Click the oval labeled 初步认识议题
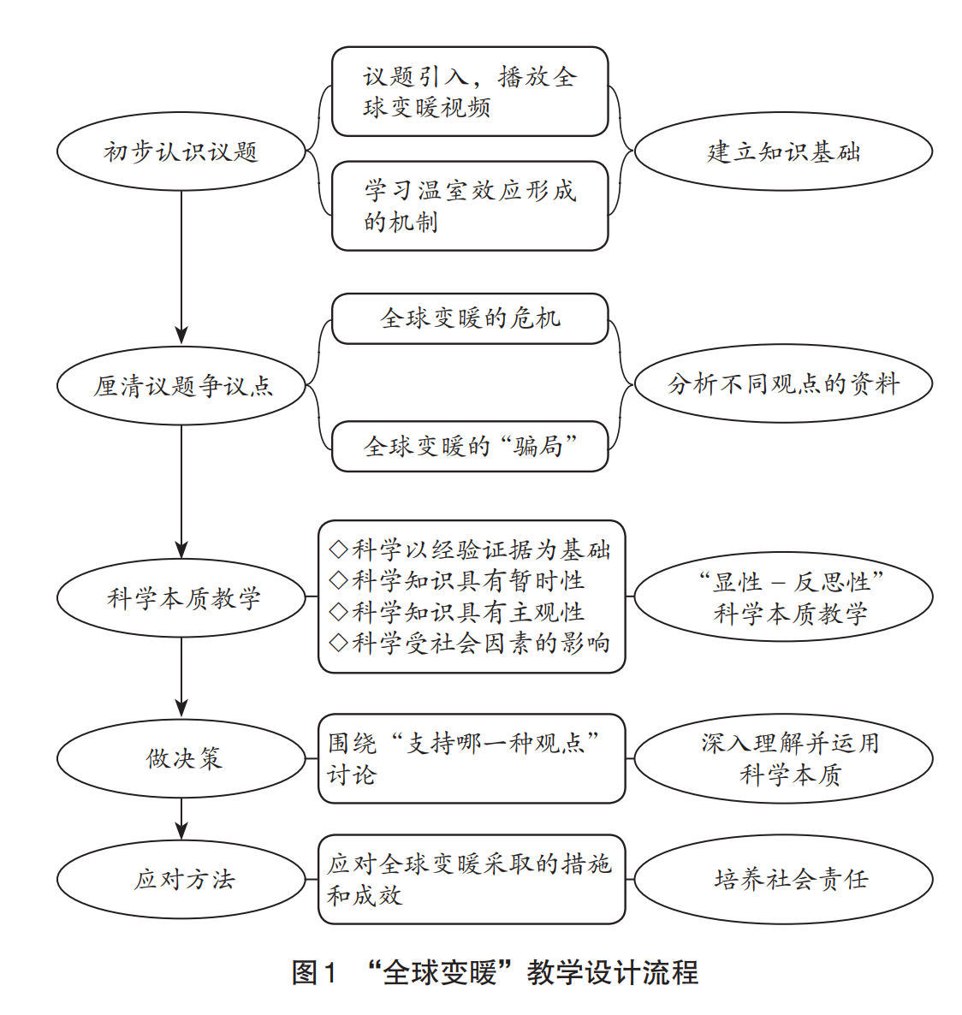tap(181, 152)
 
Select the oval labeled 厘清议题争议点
tap(181, 386)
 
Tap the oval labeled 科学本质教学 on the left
tap(181, 598)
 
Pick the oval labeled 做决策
tap(181, 758)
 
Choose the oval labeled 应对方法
tap(181, 880)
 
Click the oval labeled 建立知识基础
tap(782, 152)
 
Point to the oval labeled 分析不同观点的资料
tap(782, 384)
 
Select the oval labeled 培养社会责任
tap(782, 880)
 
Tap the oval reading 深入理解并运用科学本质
tap(782, 758)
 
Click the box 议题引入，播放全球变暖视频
tap(469, 92)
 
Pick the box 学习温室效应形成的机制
tap(469, 205)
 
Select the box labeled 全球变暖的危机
tap(469, 318)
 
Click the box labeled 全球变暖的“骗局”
tap(469, 446)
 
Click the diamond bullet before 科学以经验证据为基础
tap(338, 549)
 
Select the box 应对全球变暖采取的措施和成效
tap(471, 880)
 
